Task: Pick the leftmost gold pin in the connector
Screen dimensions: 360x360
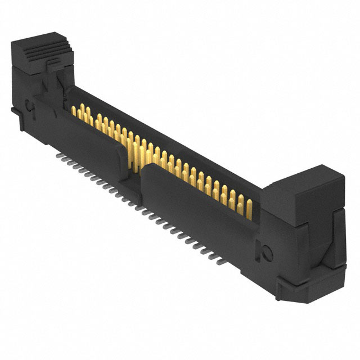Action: click(x=74, y=110)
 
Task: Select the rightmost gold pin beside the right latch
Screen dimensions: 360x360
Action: click(x=249, y=208)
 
